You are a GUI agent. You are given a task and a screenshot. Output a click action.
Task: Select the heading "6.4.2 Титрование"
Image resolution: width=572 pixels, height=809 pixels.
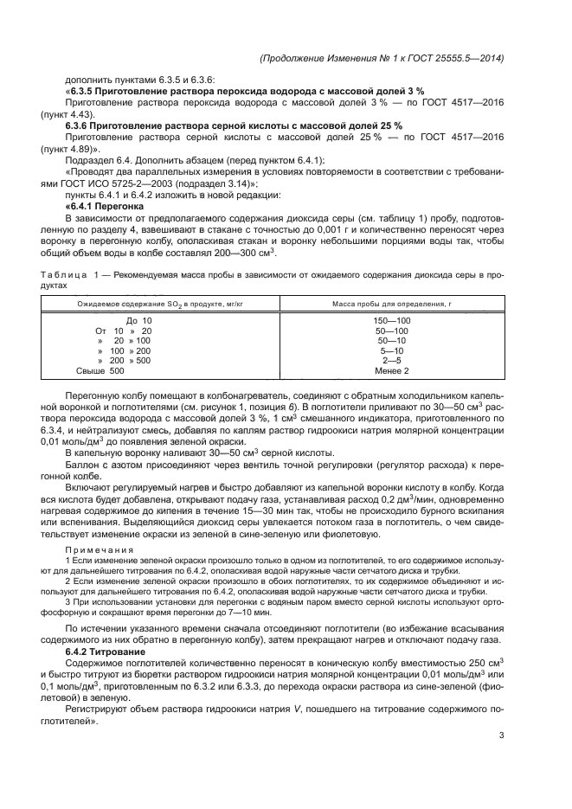(x=106, y=650)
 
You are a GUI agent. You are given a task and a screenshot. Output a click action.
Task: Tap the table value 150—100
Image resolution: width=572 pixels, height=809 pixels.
(x=392, y=321)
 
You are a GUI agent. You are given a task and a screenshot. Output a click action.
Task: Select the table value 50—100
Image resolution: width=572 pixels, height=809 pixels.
(x=392, y=331)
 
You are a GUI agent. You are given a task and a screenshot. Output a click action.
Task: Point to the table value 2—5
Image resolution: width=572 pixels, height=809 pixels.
(x=392, y=361)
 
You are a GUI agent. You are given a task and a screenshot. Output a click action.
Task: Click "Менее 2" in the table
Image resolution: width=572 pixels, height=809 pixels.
(x=392, y=371)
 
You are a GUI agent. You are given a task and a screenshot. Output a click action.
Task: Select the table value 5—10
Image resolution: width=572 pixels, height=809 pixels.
(x=392, y=351)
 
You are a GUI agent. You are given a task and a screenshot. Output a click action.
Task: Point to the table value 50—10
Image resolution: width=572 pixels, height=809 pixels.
(x=392, y=341)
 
